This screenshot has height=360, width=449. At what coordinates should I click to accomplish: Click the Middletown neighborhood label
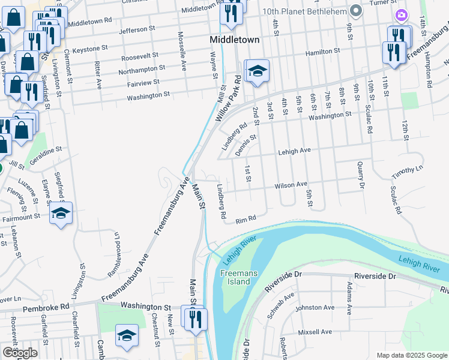235,40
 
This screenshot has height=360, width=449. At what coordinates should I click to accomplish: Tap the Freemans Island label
239,277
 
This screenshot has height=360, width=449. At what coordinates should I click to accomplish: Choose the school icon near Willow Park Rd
258,72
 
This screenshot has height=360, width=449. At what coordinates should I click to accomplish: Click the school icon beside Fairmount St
61,214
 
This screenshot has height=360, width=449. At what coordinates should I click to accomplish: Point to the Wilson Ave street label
291,185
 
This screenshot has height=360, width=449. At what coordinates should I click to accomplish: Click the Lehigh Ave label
294,152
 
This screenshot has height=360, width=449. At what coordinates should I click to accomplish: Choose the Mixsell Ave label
315,332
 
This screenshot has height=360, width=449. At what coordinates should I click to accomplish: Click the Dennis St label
246,145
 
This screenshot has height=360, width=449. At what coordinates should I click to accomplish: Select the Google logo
20,353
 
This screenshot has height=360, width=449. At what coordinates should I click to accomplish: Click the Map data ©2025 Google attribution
412,355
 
